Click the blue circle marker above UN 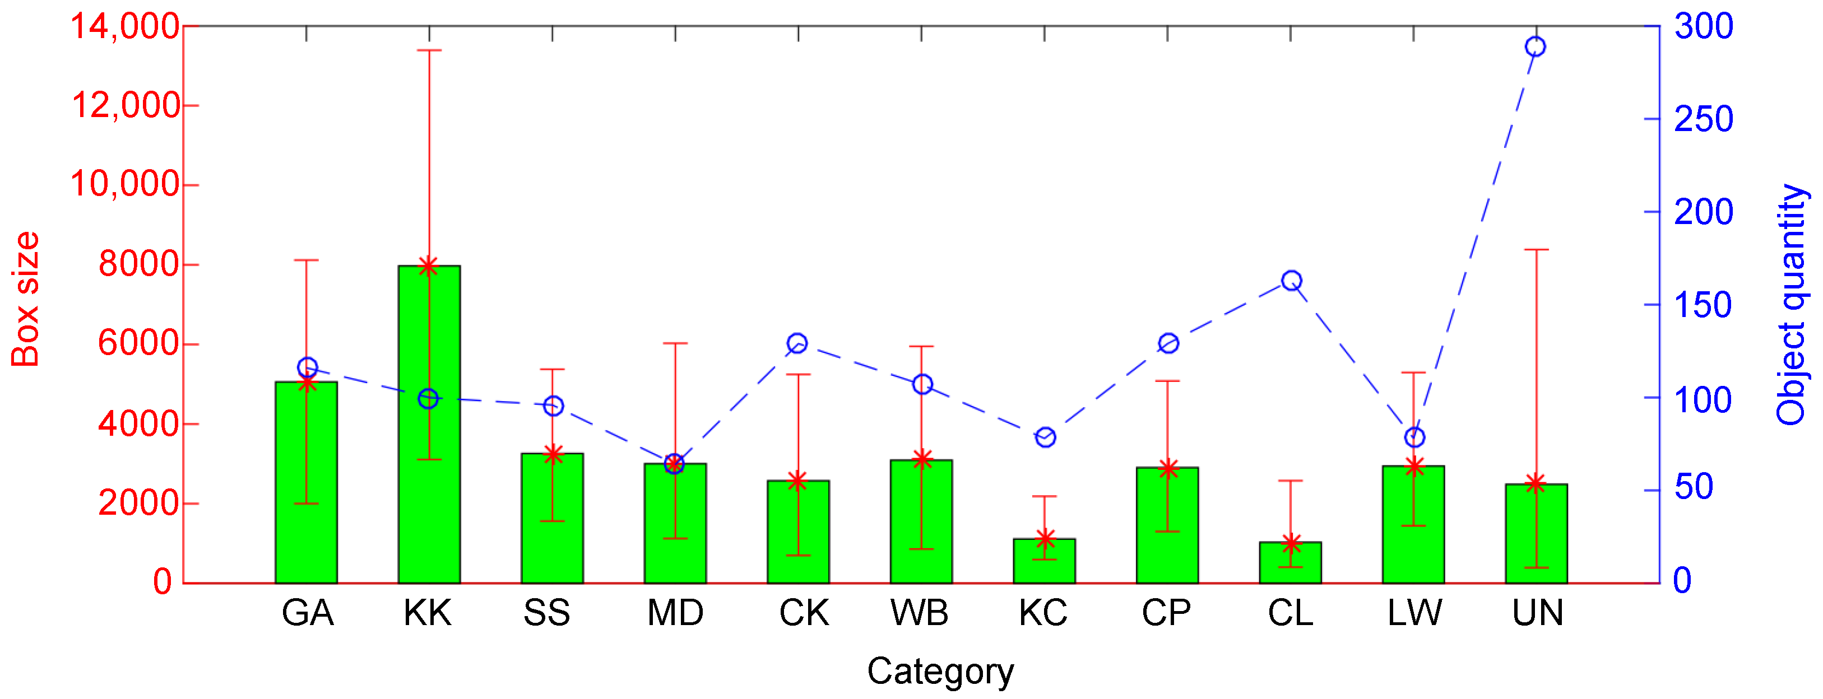[x=1535, y=46]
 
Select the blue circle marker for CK [x=797, y=343]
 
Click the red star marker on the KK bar [x=429, y=266]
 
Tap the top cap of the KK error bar [x=429, y=50]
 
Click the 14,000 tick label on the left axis [x=123, y=27]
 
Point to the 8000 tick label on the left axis [x=137, y=264]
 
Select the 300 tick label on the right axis [x=1704, y=27]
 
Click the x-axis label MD [x=675, y=613]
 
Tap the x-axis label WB [x=919, y=613]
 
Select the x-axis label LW [x=1413, y=613]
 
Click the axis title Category [x=940, y=670]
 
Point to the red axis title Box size [x=25, y=299]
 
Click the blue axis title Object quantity [x=1790, y=304]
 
